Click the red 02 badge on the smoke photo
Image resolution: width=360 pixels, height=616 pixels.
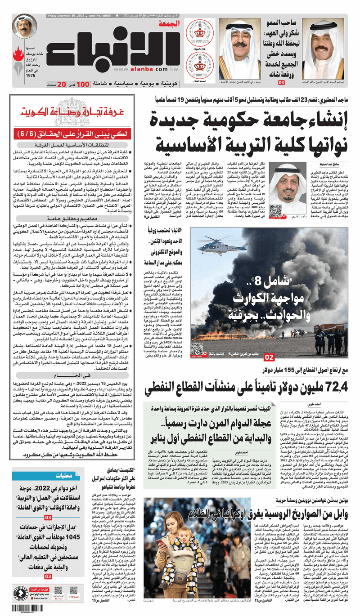point(269,357)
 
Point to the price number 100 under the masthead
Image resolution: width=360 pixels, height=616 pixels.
point(82,84)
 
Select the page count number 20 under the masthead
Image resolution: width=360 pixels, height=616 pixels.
point(60,84)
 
